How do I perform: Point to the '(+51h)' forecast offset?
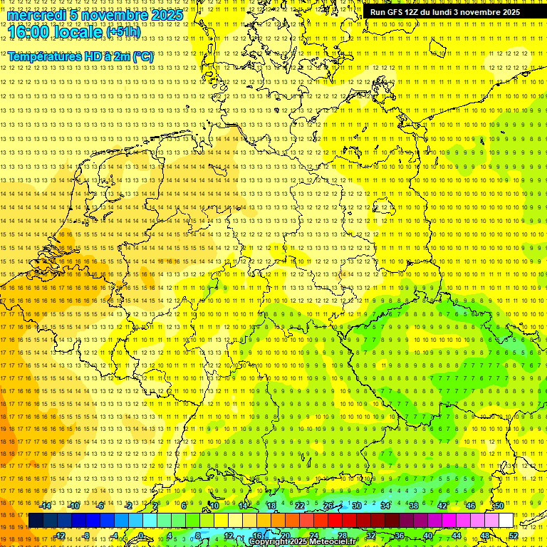[123, 32]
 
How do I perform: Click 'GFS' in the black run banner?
[395, 12]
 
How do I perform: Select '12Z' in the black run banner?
[412, 12]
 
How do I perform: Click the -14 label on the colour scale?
[46, 506]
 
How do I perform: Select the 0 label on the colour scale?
[141, 536]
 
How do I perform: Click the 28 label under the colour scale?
[342, 536]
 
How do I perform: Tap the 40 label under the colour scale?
[427, 536]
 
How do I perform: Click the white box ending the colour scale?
[506, 520]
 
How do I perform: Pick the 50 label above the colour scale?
[499, 506]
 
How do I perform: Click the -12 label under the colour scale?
[59, 536]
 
